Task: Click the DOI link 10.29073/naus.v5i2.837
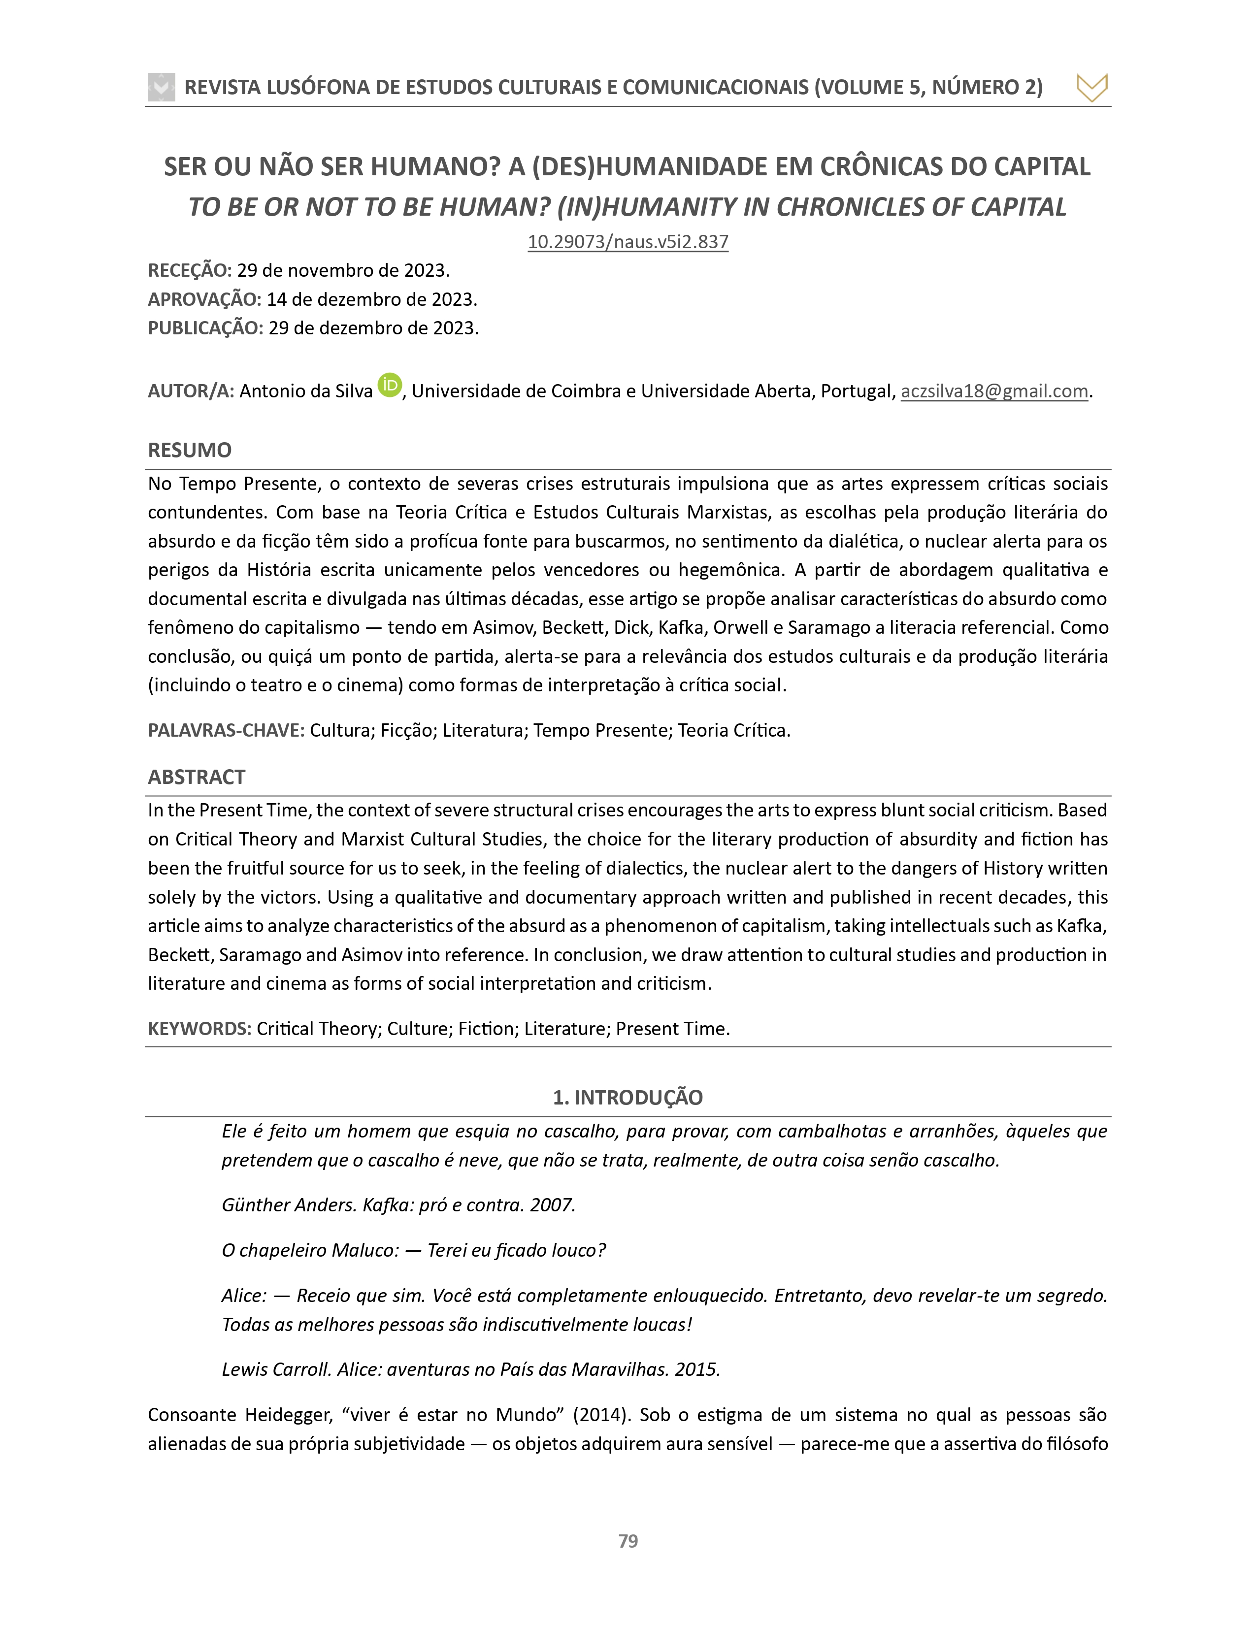pos(627,242)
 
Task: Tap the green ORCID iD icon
pos(389,385)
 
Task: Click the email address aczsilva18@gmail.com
pos(994,391)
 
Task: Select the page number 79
pos(628,1541)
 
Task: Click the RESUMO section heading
pos(190,450)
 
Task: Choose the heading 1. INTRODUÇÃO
pos(627,1098)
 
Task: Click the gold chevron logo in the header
pos(1091,88)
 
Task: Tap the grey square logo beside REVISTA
pos(162,87)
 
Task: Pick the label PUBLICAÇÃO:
pos(205,328)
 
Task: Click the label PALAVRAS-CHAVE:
pos(226,731)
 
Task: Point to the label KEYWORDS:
pos(199,1029)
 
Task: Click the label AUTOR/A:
pos(191,391)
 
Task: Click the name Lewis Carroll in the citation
pos(276,1370)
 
